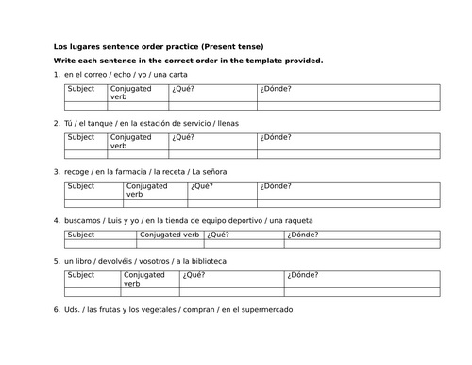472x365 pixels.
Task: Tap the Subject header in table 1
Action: point(81,89)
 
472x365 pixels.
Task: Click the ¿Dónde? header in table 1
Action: point(277,89)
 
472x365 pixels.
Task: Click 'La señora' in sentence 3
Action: point(208,171)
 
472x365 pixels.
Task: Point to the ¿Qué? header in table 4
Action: point(218,235)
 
